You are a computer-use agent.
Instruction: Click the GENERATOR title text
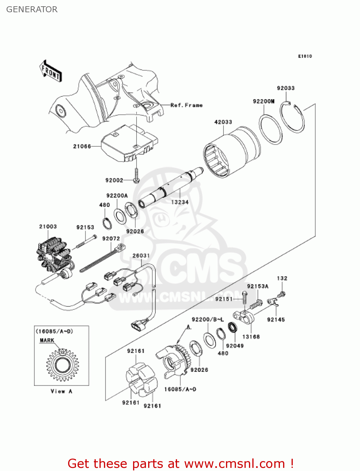click(x=32, y=9)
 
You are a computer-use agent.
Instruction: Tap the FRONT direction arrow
click(x=51, y=72)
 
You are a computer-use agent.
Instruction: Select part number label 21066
click(x=82, y=146)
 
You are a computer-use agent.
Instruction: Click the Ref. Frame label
click(x=186, y=105)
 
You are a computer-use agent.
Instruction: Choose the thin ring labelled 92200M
click(x=271, y=129)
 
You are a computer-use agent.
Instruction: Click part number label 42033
click(x=223, y=122)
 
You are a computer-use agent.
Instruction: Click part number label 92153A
click(x=258, y=286)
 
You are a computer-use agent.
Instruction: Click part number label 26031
click(x=141, y=256)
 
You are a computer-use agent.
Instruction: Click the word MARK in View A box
click(x=47, y=340)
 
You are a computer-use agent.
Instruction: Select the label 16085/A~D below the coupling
click(x=180, y=389)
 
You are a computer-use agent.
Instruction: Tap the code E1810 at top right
click(x=305, y=56)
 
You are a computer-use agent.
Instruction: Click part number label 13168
click(x=251, y=337)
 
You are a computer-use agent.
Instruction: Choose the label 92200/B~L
click(x=207, y=319)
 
